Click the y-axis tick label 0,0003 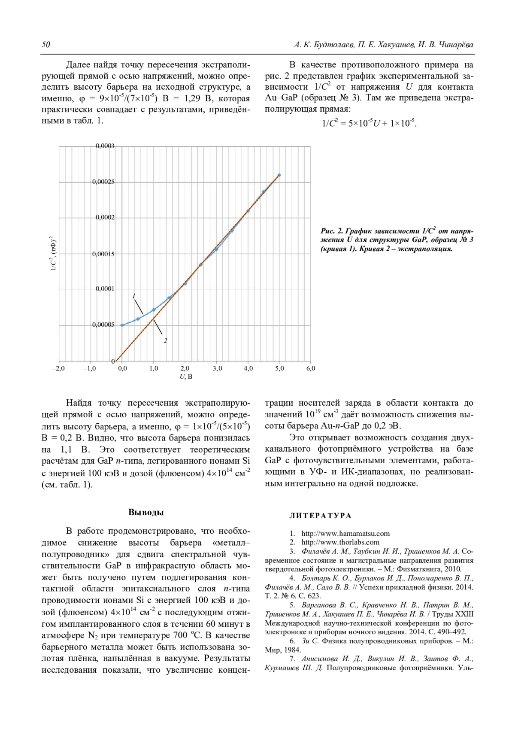point(105,146)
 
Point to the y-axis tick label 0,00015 point(103,254)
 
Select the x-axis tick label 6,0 point(311,368)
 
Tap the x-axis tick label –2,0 point(58,368)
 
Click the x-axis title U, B point(186,377)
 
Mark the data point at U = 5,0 point(279,175)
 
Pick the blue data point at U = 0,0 point(122,325)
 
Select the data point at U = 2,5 point(201,264)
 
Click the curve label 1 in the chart point(134,296)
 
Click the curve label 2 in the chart point(165,341)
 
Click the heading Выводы point(146,512)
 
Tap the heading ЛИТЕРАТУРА point(320,516)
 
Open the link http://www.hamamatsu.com point(345,534)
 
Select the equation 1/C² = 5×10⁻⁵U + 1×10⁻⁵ point(369,123)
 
